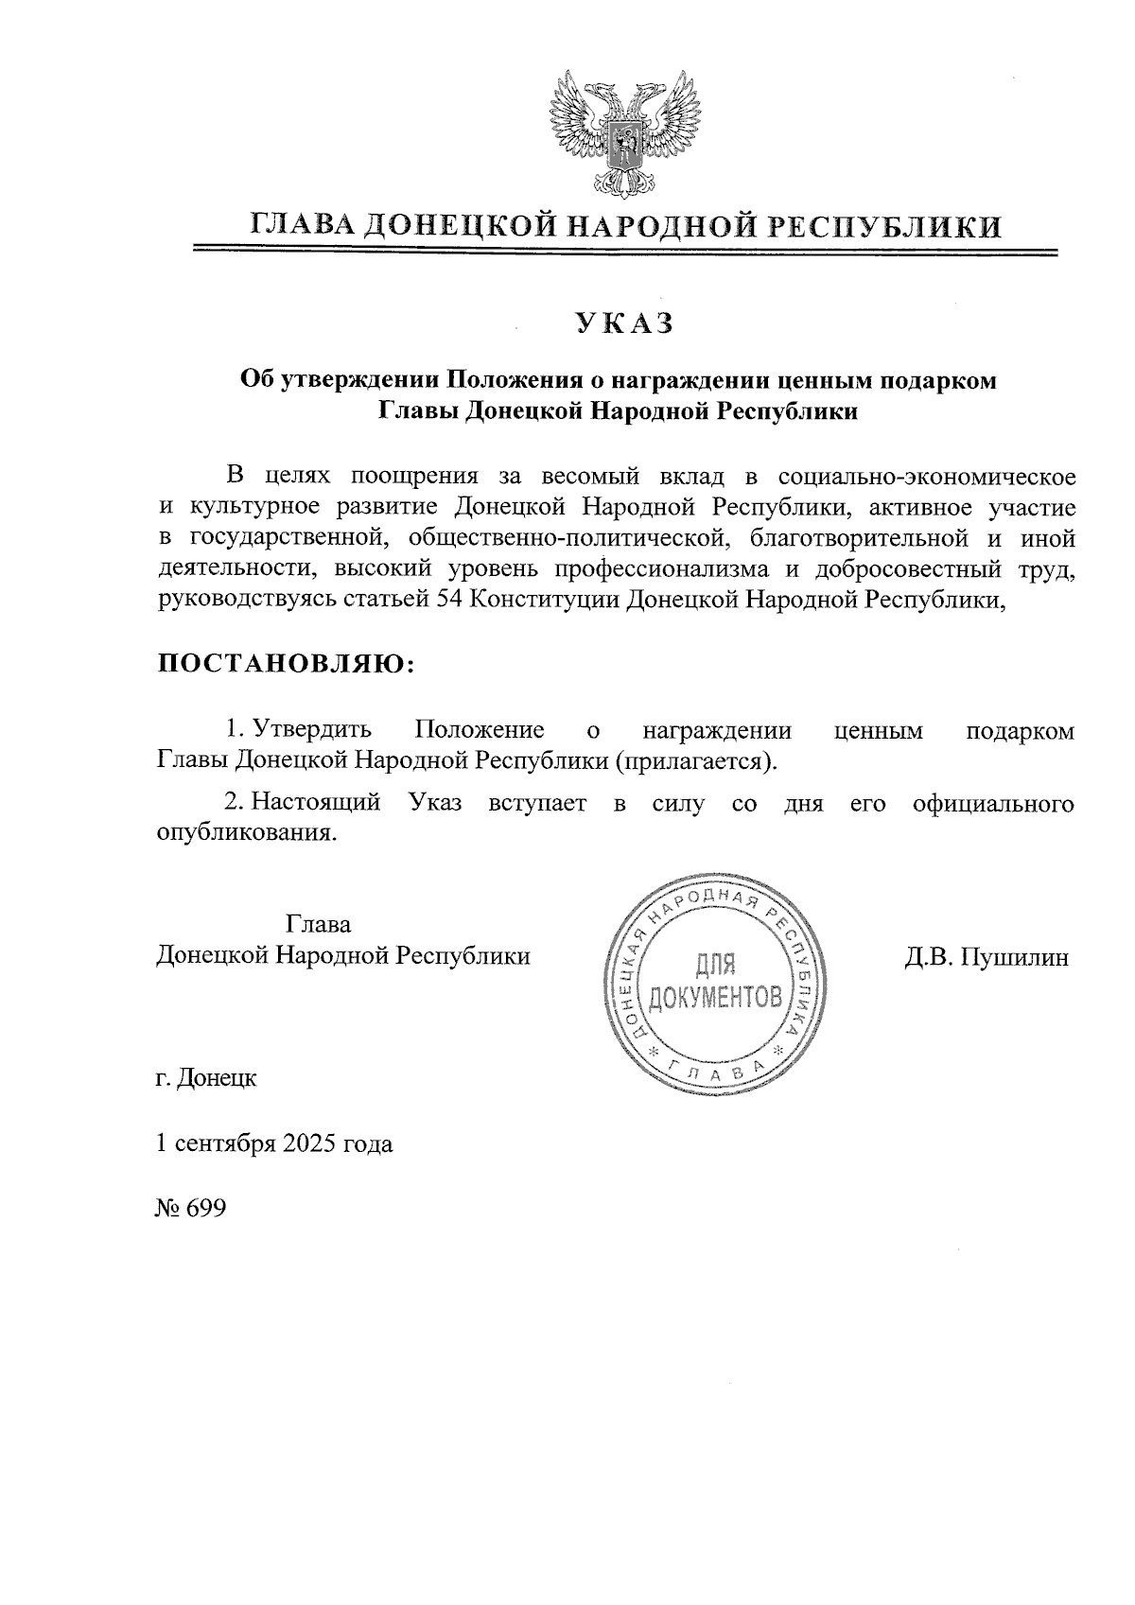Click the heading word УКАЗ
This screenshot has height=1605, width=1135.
[x=624, y=323]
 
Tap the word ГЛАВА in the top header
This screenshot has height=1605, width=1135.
[x=301, y=226]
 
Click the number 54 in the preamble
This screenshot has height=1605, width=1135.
[x=448, y=600]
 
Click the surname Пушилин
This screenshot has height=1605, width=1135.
[x=1014, y=957]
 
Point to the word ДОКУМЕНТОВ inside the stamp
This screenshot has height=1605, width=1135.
[x=717, y=996]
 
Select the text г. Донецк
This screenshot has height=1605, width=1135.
[x=206, y=1078]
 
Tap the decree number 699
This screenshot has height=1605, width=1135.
[x=206, y=1210]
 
